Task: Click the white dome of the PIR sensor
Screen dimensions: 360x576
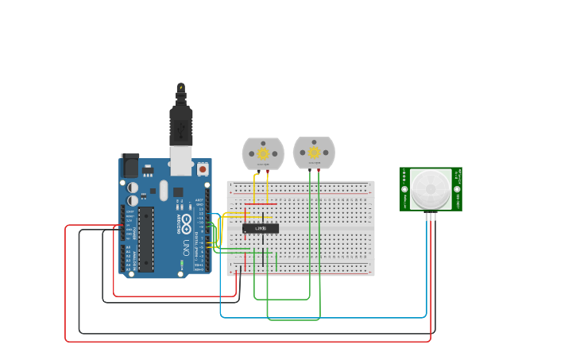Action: click(x=431, y=188)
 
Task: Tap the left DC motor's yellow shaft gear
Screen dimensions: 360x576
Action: click(x=263, y=153)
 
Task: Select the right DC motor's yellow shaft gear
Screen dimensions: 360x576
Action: click(x=314, y=153)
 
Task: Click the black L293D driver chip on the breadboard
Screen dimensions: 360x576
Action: click(x=261, y=229)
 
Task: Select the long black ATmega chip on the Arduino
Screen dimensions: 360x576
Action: click(x=146, y=238)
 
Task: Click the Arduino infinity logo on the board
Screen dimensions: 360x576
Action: click(x=186, y=220)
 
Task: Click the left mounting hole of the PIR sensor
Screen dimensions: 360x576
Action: click(x=404, y=189)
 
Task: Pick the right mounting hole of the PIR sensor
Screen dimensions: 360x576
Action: click(x=457, y=189)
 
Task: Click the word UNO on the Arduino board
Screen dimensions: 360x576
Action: click(x=186, y=246)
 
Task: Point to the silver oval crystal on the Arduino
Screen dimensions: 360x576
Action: click(x=164, y=191)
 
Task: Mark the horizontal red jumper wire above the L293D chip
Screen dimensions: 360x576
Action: click(x=261, y=205)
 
